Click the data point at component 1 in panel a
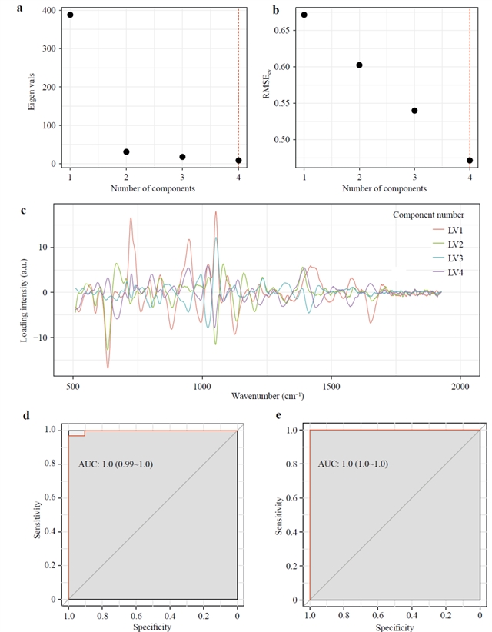pyautogui.click(x=70, y=15)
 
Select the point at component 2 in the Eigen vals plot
pyautogui.click(x=126, y=152)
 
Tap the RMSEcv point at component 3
pyautogui.click(x=414, y=110)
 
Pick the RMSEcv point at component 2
pyautogui.click(x=359, y=65)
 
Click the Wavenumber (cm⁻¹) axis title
pyautogui.click(x=268, y=397)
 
